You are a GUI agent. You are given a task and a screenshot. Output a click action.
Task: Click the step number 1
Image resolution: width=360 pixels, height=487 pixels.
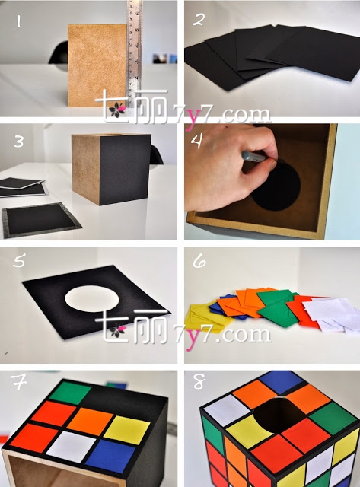[x=18, y=22]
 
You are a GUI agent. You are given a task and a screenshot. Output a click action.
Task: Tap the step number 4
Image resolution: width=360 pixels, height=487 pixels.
[x=197, y=141]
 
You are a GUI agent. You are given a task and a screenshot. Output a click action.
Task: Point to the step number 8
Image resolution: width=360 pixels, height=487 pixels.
[x=199, y=381]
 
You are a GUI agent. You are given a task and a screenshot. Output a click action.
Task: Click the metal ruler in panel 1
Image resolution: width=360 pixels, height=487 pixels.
[x=134, y=53]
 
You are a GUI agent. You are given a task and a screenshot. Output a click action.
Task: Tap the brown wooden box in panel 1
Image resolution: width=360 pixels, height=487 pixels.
[x=97, y=65]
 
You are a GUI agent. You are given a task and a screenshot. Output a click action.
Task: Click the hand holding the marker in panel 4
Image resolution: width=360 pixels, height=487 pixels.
[x=229, y=164]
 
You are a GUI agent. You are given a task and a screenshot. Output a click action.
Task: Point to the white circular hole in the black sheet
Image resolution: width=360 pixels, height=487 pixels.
[x=92, y=298]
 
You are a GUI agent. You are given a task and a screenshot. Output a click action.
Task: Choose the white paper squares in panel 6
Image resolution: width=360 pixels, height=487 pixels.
[x=332, y=314]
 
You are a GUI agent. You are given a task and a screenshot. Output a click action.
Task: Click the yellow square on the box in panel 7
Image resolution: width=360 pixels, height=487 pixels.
[x=127, y=430]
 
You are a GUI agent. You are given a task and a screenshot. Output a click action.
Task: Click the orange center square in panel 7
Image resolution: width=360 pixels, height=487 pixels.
[x=91, y=419]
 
